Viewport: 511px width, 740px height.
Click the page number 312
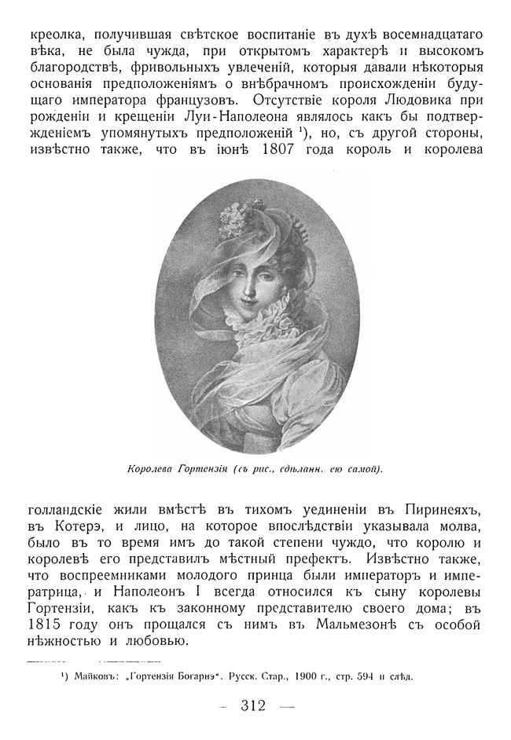click(x=256, y=705)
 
